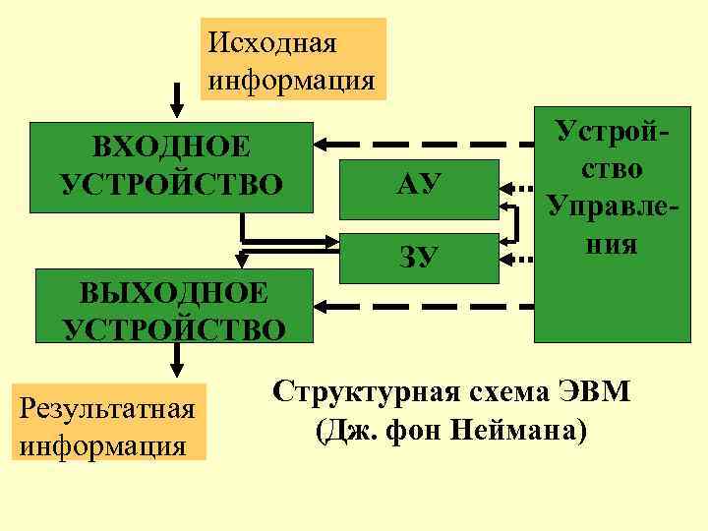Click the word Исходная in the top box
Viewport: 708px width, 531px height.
tap(273, 43)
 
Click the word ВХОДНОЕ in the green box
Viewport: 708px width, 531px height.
tap(172, 147)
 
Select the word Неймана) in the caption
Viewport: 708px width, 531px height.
tap(521, 430)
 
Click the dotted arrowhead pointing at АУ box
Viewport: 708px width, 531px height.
tap(510, 186)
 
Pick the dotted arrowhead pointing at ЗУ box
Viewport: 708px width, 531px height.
tap(510, 260)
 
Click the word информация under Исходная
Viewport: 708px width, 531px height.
tap(291, 79)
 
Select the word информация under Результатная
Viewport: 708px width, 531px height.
tap(103, 443)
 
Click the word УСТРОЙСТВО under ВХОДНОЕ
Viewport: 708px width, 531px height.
tap(172, 184)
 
